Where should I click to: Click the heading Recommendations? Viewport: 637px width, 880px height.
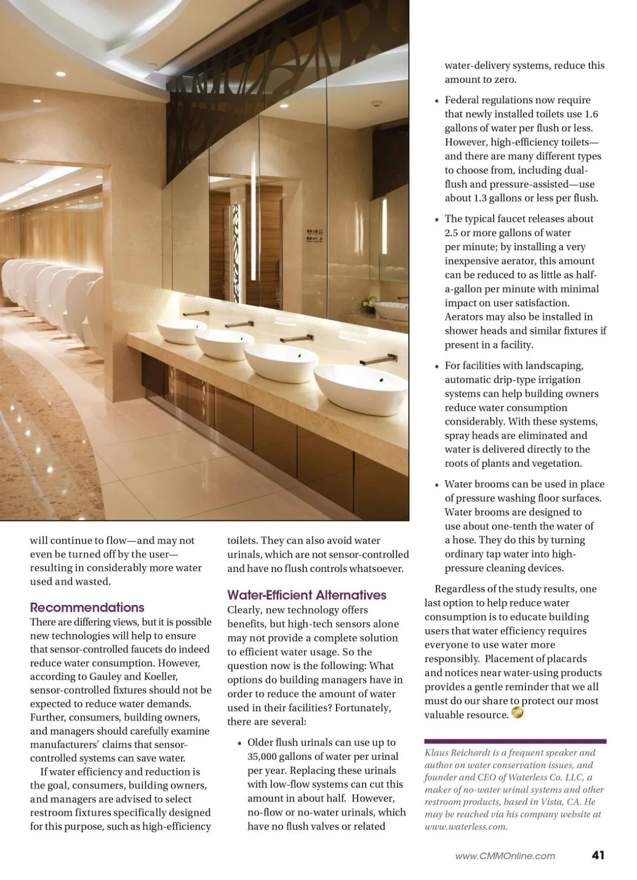coord(87,608)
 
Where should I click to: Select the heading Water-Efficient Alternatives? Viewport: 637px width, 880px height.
coord(307,595)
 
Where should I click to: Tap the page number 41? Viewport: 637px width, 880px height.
coord(598,855)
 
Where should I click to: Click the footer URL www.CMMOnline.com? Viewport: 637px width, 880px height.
coord(505,856)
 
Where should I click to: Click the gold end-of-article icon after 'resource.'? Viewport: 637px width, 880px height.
coord(517,713)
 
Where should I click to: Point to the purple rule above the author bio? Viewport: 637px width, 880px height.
coord(515,741)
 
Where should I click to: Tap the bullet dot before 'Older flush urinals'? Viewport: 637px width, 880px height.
coord(240,743)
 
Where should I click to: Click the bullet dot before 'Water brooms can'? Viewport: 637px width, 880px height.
coord(437,485)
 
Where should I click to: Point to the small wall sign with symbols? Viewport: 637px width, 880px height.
coord(314,235)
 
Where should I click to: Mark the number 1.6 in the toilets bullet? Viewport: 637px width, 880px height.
coord(591,114)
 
